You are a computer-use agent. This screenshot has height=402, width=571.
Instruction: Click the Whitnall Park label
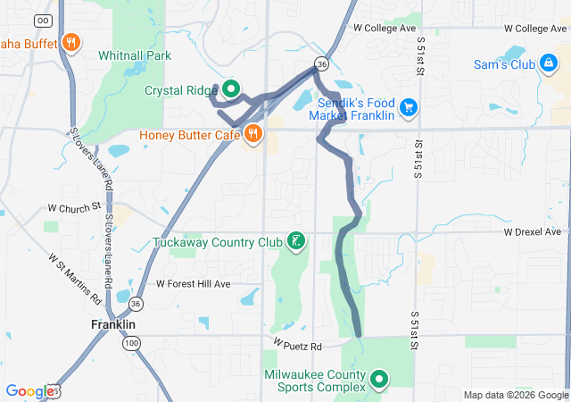[x=135, y=55]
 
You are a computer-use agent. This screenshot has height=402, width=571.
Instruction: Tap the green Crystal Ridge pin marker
[x=231, y=88]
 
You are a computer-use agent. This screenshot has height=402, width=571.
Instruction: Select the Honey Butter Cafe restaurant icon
[x=253, y=135]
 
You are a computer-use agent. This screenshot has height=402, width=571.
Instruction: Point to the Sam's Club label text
[x=504, y=64]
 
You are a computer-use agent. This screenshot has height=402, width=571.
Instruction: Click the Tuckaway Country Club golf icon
[x=295, y=241]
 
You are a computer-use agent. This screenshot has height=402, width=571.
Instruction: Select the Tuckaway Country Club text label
[x=217, y=242]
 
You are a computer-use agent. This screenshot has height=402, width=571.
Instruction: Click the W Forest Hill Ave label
[x=194, y=283]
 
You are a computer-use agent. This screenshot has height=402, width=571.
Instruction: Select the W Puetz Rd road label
[x=297, y=345]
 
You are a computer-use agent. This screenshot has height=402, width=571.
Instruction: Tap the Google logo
[x=29, y=390]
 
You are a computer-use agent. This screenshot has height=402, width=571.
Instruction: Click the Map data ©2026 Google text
[x=515, y=395]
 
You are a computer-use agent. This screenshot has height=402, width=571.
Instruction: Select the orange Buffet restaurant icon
[x=71, y=42]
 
